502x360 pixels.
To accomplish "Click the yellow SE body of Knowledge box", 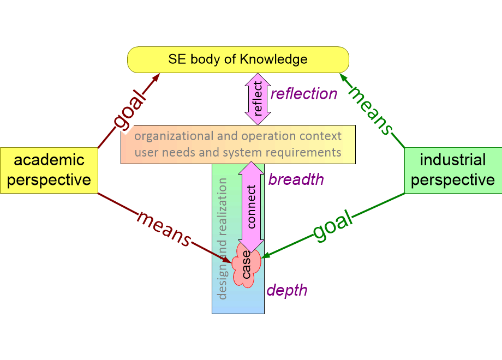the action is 238,59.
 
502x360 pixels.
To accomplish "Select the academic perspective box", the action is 49,170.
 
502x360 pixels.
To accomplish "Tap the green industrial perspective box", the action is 453,170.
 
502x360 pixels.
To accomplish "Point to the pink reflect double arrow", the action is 258,99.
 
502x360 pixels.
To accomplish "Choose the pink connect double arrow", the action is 252,207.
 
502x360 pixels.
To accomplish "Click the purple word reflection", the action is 304,94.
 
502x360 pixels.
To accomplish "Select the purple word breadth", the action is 296,179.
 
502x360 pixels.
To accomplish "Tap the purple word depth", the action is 287,291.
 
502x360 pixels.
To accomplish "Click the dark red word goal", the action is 129,110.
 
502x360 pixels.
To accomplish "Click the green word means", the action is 370,110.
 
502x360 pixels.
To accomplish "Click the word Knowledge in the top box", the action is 273,59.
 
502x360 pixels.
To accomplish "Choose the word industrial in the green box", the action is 453,160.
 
